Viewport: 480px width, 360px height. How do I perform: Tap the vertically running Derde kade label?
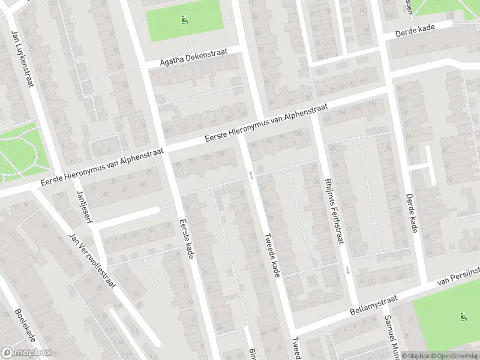click(410, 213)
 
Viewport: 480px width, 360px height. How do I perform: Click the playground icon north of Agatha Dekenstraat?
click(184, 19)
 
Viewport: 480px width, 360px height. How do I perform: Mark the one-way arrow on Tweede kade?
click(251, 175)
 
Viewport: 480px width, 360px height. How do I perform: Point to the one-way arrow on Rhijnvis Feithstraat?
click(348, 271)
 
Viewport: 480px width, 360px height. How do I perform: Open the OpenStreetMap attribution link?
click(454, 356)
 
